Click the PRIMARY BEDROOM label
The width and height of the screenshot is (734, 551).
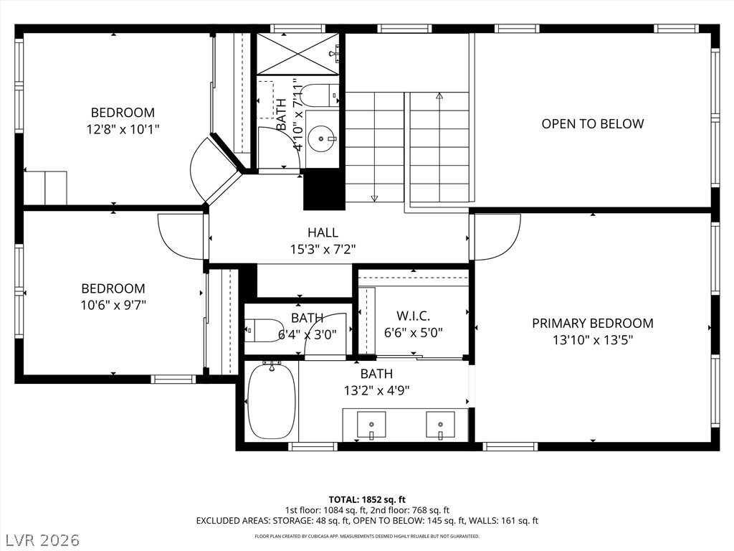[593, 324]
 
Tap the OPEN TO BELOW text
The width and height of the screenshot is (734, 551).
[593, 123]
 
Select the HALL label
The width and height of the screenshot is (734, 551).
[323, 232]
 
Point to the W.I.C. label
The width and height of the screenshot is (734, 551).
[414, 316]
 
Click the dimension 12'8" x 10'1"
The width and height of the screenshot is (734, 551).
[123, 129]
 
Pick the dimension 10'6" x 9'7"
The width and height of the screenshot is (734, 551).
[113, 305]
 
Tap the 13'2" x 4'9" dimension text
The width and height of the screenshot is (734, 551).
[377, 390]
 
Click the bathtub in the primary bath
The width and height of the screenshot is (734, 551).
[272, 401]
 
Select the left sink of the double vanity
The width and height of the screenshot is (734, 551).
[372, 425]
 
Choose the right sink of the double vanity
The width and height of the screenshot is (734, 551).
[441, 425]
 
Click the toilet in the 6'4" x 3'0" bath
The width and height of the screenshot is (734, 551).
[264, 330]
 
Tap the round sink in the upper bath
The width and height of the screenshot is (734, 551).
[322, 138]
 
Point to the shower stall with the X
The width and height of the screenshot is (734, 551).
[297, 54]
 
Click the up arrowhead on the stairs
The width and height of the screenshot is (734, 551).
[439, 95]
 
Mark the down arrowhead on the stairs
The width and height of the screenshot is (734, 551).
[374, 199]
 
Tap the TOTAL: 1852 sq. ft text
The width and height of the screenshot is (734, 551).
[367, 499]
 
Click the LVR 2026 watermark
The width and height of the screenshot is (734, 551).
[40, 540]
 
